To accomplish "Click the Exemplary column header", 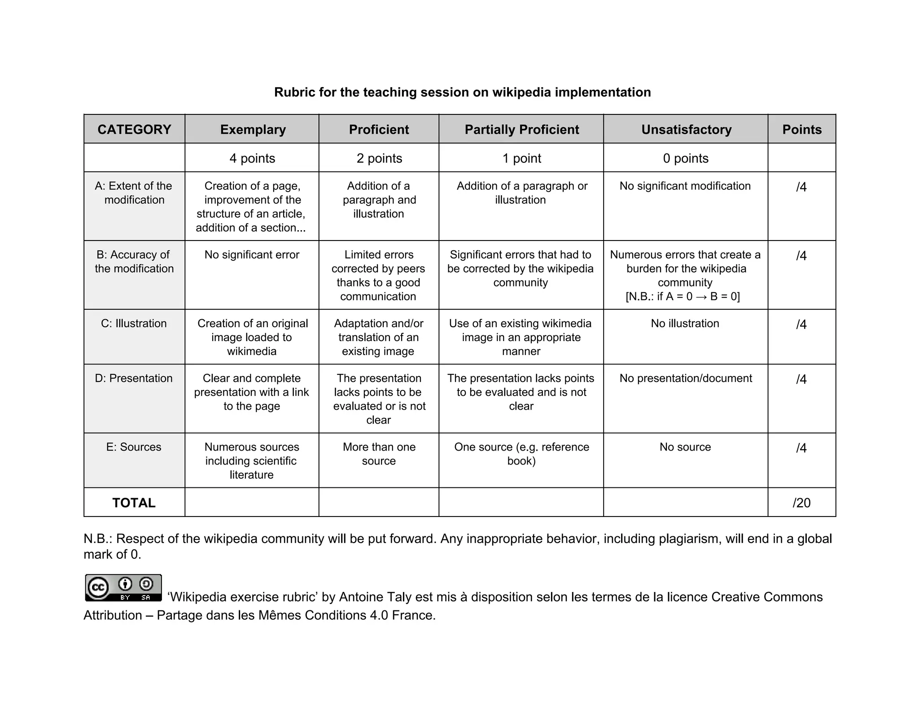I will click(x=253, y=129).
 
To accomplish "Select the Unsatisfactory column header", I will click(x=686, y=129).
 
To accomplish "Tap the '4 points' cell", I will click(x=252, y=158).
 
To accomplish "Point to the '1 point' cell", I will click(x=521, y=158).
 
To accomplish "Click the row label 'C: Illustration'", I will click(x=134, y=323).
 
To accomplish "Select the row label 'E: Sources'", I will click(x=134, y=447).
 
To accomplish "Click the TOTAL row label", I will click(x=134, y=503).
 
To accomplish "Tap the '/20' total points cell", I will click(x=801, y=503).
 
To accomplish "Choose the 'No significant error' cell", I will click(x=252, y=254).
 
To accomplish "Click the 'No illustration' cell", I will click(x=685, y=323).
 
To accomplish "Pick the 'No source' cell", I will click(x=685, y=447).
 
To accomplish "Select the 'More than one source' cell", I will click(x=379, y=454).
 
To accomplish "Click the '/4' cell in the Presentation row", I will click(x=801, y=379).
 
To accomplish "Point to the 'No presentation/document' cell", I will click(x=685, y=378).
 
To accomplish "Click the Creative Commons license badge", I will click(x=123, y=587).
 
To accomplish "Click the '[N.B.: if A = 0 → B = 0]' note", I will click(x=683, y=296).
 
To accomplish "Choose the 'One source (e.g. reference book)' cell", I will click(x=521, y=454).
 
